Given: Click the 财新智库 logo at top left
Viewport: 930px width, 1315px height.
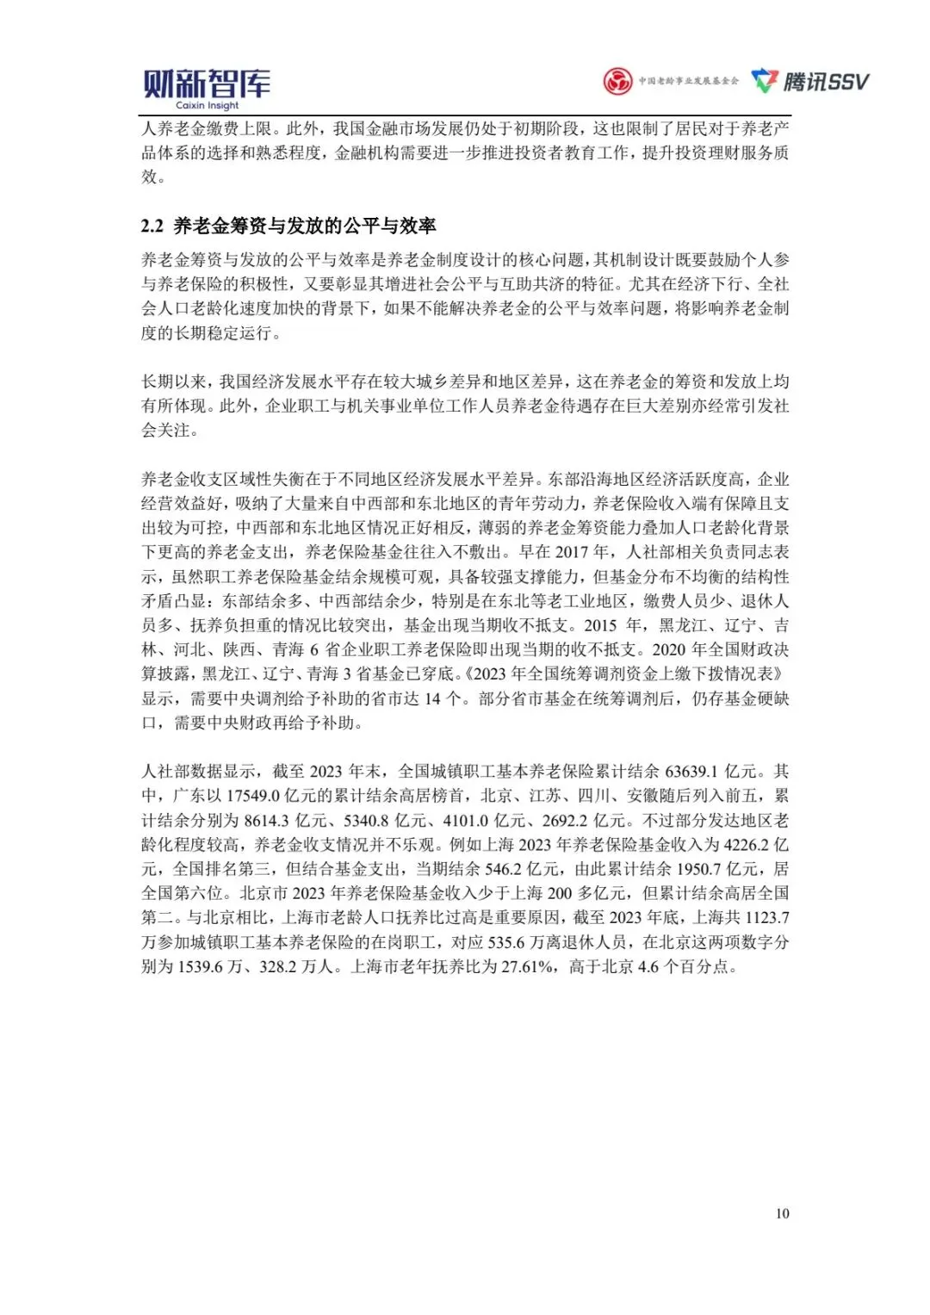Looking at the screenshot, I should [x=206, y=84].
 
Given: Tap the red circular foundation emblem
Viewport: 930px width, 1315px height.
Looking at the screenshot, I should [x=617, y=82].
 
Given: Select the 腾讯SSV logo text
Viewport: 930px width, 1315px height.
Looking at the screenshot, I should [x=825, y=82].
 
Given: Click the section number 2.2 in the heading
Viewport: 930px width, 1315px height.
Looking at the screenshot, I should [x=152, y=226].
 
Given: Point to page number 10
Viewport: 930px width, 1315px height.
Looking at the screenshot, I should [x=782, y=1213].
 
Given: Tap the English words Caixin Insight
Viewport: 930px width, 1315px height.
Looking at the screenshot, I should [x=207, y=106].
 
